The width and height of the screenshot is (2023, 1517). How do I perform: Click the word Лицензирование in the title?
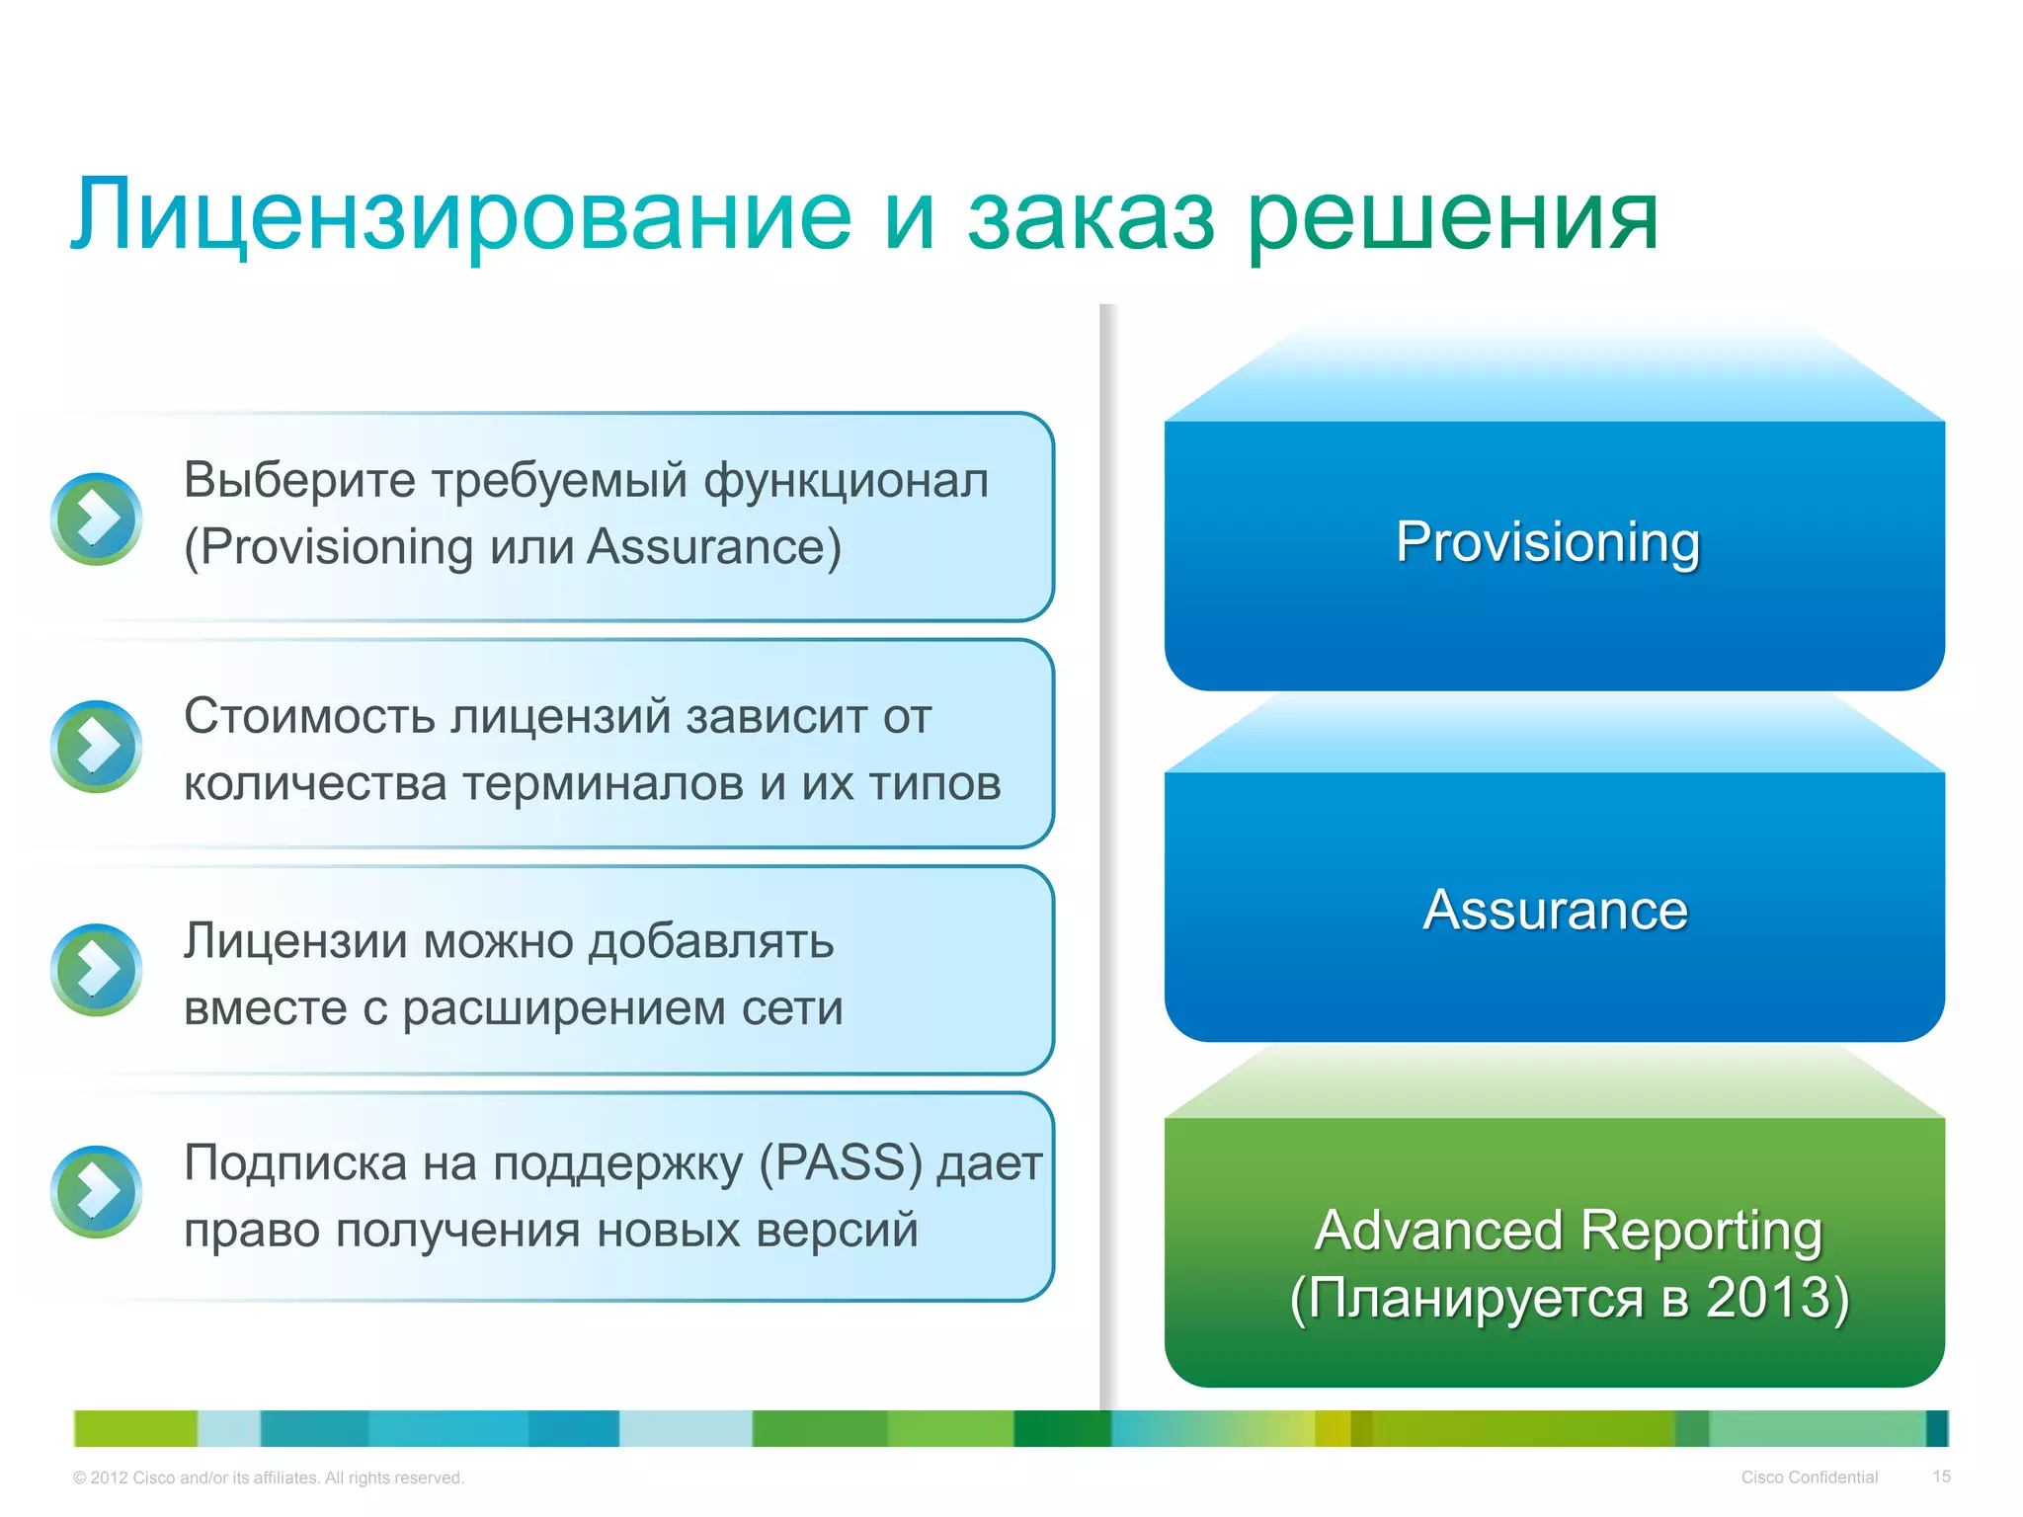point(460,215)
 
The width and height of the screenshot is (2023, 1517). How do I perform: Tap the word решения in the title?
point(1453,217)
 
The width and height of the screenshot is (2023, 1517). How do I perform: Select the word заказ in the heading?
point(1091,217)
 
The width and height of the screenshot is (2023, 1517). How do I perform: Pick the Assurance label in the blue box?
point(1555,910)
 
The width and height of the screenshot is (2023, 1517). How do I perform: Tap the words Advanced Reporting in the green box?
point(1569,1231)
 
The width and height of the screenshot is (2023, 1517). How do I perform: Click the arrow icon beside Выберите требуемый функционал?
point(96,519)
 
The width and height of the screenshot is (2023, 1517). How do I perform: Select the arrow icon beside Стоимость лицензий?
point(96,746)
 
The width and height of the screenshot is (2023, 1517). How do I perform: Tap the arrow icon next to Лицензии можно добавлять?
point(96,969)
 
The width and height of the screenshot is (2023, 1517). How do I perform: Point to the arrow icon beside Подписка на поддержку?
point(96,1191)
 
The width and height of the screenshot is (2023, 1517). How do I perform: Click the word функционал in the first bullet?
point(846,481)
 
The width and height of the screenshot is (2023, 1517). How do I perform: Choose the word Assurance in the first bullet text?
point(713,547)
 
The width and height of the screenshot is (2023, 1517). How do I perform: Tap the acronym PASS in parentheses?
point(842,1162)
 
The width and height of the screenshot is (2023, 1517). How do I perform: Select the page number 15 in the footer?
point(1941,1477)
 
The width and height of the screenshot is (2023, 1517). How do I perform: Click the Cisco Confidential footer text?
point(1809,1477)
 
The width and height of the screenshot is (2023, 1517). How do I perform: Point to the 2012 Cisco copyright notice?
point(268,1477)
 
